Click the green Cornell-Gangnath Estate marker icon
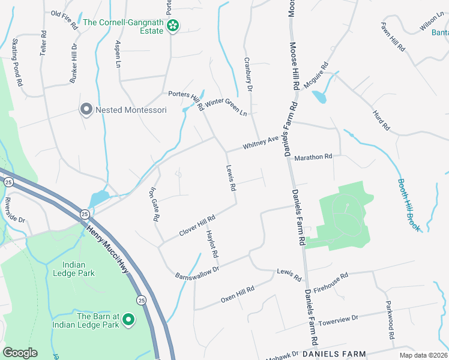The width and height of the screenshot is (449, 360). [173, 25]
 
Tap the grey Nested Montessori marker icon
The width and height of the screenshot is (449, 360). [86, 110]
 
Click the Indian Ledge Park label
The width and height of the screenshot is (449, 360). [82, 269]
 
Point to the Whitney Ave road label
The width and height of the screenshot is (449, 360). [261, 143]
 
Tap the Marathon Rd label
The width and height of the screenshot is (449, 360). [313, 157]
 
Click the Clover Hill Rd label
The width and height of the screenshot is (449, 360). [197, 226]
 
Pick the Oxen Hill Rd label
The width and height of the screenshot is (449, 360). [238, 294]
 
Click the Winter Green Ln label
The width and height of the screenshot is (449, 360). [226, 106]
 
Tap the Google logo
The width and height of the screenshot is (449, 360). [20, 353]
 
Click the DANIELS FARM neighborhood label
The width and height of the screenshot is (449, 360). [343, 354]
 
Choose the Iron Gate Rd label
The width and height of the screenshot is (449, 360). [154, 205]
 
